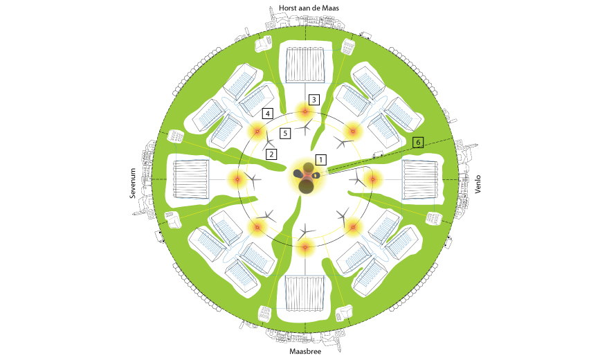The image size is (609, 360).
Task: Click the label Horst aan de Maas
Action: pos(309,8)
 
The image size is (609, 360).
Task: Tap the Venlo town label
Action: pos(478,184)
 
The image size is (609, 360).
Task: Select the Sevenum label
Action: pos(133,183)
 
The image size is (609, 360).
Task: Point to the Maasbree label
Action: pos(305,352)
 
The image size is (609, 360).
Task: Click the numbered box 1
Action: pos(321,160)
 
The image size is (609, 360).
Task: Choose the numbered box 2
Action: pos(271,154)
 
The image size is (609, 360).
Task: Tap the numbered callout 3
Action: pos(313,100)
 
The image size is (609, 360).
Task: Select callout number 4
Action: pos(268,114)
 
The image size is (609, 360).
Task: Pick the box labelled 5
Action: pos(285,134)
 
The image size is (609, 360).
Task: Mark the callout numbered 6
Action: pos(418,143)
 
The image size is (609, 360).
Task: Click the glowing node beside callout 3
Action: pos(305,112)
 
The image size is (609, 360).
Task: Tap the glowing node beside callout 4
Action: pos(257,132)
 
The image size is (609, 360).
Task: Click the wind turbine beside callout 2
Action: pos(269,144)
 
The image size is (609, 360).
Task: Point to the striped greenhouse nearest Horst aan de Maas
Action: pos(305,65)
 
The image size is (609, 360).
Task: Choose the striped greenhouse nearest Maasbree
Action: pos(305,294)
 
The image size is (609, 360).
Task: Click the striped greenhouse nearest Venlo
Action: pos(420,179)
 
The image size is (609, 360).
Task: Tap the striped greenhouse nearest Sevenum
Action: pos(191,179)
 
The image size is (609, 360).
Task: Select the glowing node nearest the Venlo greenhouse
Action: pos(373,179)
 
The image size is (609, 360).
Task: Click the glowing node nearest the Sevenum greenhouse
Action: pos(237,179)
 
